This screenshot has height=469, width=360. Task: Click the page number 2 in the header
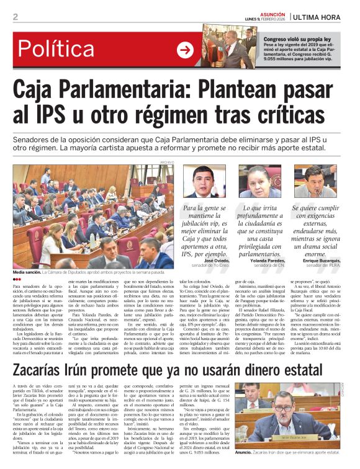pos(15,17)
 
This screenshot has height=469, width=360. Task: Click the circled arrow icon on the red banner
pos(185,50)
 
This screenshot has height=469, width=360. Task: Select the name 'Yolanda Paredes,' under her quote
pos(267,261)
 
